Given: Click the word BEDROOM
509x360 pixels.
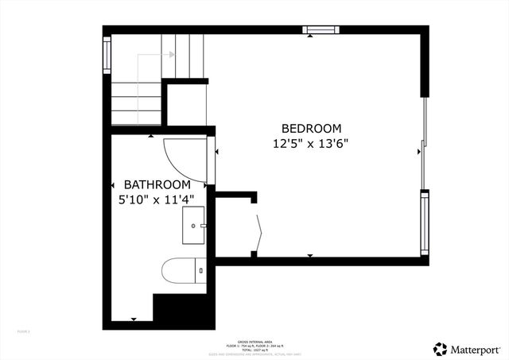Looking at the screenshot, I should (x=311, y=128).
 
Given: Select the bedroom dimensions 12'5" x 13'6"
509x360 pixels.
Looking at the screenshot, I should (x=311, y=144).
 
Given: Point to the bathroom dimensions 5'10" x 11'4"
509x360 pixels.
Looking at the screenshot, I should (x=151, y=199).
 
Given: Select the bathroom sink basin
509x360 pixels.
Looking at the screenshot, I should (x=192, y=226).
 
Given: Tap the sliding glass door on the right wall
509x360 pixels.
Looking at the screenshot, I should (x=425, y=143).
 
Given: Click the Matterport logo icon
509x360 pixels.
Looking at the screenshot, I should (x=440, y=348).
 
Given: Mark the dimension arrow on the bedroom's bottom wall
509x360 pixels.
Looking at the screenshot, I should (x=309, y=255).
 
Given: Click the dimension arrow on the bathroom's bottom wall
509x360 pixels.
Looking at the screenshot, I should (x=134, y=319).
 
